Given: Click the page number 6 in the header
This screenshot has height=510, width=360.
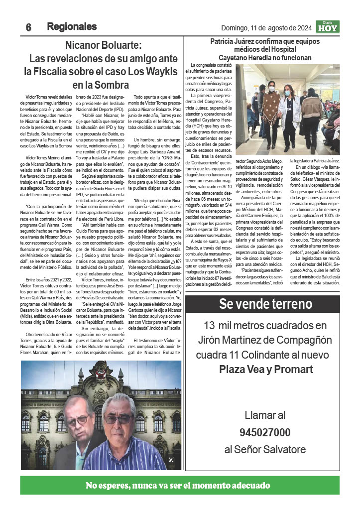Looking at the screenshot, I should click(x=29, y=28).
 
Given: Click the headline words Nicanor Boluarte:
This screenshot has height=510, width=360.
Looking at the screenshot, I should click(x=104, y=45).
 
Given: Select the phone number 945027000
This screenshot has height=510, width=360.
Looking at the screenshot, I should click(x=265, y=432).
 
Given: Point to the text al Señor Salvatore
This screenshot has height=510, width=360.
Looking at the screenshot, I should click(x=265, y=450).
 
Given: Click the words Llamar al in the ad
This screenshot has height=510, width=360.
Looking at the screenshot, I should click(x=265, y=415).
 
